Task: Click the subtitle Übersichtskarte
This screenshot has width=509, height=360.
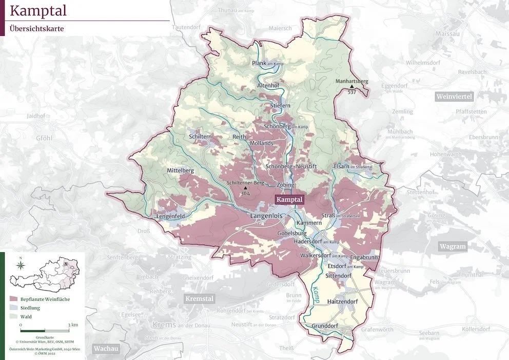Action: coord(37,29)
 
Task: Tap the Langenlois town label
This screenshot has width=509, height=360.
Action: coord(266,217)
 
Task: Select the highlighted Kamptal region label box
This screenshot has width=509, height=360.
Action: coord(290,199)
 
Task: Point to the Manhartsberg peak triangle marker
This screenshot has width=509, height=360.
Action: coord(351,87)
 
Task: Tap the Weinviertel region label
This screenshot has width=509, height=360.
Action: coord(454,97)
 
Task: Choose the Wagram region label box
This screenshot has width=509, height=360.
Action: coord(453,247)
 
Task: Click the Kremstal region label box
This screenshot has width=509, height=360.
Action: coord(199,299)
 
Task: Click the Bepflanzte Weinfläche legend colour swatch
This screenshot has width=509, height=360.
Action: coord(14,298)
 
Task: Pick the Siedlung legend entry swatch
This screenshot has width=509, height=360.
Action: coord(14,308)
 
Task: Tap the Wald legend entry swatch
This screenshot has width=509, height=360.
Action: coord(14,317)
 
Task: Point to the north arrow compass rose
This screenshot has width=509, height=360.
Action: coord(20,265)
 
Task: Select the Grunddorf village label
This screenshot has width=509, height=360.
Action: coord(326,326)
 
